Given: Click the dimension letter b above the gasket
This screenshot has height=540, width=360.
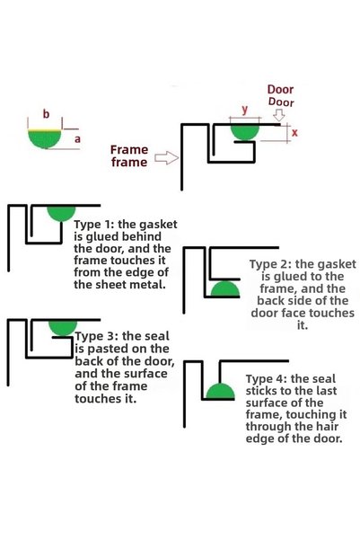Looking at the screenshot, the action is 46,113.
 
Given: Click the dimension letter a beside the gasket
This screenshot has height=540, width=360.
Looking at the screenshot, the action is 77,139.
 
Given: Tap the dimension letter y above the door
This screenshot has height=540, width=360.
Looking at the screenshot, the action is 245,110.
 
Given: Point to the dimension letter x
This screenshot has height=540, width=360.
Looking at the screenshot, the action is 294,133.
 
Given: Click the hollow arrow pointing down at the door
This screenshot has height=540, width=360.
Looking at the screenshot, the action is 280,115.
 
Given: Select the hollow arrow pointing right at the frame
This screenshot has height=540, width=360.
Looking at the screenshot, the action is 167,158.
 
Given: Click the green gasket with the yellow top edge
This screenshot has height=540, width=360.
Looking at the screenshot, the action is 45,138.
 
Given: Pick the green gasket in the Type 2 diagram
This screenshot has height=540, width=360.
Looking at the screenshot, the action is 225,289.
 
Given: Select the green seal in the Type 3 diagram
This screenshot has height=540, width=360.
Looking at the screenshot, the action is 63,328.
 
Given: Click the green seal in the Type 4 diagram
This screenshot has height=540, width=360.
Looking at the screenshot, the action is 220,391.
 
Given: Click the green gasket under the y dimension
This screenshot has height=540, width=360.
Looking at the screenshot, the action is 245,132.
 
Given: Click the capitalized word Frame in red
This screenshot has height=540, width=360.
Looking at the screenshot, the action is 129,149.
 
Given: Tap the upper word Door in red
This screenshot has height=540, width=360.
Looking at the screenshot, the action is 280,90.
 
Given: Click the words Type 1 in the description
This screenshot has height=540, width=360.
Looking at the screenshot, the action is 93,225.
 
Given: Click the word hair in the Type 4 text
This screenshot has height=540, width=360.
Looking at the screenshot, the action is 328,427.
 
